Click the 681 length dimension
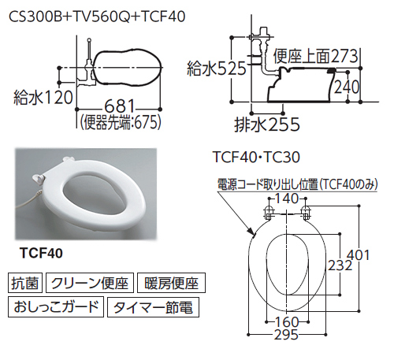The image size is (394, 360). coord(120,106)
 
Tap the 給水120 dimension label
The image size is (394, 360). coord(43,98)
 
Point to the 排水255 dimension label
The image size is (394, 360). coord(267,124)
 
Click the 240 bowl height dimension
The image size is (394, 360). coord(347,87)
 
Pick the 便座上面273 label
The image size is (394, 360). coord(315,56)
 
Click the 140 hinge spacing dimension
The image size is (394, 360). coord(287,199)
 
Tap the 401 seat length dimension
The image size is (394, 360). coord(359,254)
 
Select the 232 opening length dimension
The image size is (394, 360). coord(340,265)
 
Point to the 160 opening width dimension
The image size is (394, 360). coord(287,321)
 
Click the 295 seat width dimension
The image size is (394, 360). coord(287,335)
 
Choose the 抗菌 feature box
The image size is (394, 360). coord(25,283)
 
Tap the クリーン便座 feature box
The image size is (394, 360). coord(90,283)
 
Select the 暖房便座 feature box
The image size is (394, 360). coord(171,283)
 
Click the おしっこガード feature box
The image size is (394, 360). coord(56,306)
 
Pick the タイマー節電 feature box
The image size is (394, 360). coord(153,306)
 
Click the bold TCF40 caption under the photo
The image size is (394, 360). coord(42,253)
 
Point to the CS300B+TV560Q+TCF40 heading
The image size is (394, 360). coord(97,17)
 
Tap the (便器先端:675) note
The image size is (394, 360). coord(120,122)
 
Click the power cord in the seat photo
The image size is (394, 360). coord(26,201)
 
